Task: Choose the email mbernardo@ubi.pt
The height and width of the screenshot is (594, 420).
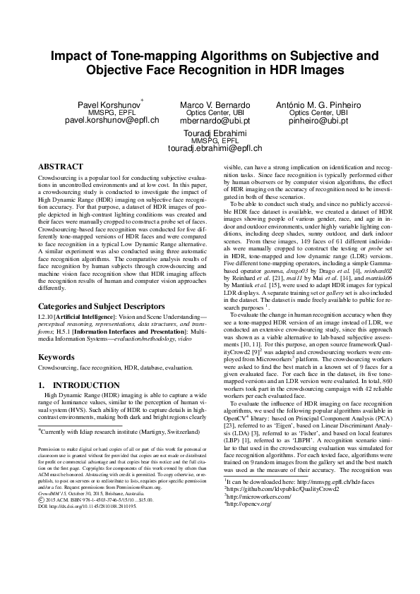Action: point(210,121)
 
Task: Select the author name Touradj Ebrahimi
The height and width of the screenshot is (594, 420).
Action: point(210,133)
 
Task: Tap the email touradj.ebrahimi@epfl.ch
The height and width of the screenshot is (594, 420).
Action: point(210,148)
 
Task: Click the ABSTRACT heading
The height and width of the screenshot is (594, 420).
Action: point(59,165)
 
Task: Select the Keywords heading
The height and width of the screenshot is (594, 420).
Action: point(56,358)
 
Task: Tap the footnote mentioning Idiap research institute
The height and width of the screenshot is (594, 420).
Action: point(120,430)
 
